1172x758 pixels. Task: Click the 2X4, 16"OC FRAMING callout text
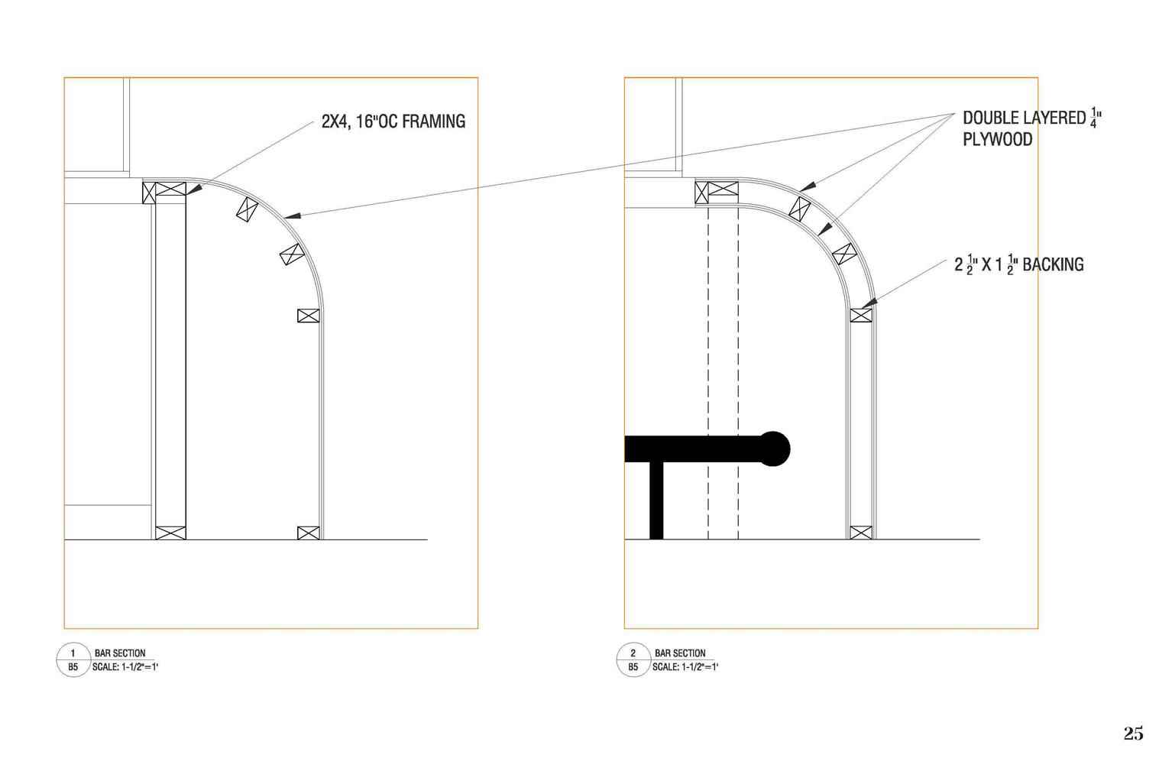point(393,121)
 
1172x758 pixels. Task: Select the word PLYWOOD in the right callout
point(997,140)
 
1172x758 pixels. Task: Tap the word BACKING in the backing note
point(1053,264)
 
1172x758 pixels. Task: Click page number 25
point(1133,734)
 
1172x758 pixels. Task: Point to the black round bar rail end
point(773,449)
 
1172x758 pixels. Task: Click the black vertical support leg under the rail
point(656,500)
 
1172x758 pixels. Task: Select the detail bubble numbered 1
point(73,659)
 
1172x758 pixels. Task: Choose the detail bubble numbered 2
point(633,659)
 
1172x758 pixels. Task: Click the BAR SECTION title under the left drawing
point(120,653)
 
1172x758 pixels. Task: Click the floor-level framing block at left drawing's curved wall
point(308,533)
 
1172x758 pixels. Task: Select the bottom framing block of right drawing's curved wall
point(861,533)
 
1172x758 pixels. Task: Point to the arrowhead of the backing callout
point(869,303)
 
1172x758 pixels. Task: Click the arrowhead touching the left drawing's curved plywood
point(292,215)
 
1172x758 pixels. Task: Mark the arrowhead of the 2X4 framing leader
point(194,189)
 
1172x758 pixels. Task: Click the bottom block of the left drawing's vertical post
point(170,533)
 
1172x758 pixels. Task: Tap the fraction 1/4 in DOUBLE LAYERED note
point(1093,117)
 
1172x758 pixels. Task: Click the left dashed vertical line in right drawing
point(708,371)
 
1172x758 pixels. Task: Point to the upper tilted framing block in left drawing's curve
point(247,210)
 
